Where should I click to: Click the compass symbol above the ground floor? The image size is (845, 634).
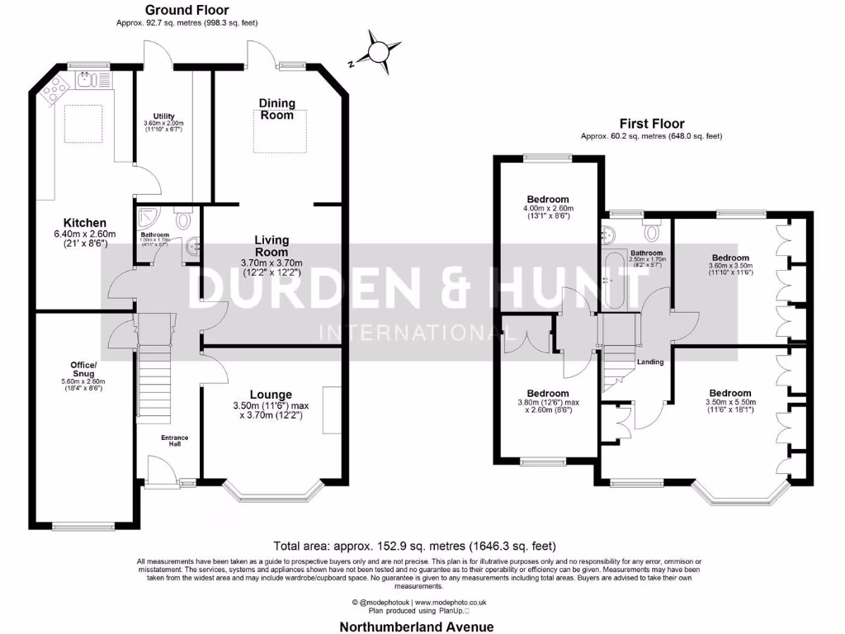(379, 51)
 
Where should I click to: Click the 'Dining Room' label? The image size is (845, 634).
(276, 109)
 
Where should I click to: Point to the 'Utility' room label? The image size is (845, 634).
(163, 116)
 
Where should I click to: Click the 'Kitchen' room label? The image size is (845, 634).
(86, 223)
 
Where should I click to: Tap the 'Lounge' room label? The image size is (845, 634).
(271, 395)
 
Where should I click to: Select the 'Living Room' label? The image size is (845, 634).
(271, 246)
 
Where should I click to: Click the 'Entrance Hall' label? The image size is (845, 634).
(174, 441)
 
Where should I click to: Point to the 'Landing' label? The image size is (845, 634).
(650, 362)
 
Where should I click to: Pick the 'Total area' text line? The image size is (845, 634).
(414, 546)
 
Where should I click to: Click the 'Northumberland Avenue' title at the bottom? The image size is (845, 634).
(418, 627)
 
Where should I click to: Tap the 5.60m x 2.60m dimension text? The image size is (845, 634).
(83, 381)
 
